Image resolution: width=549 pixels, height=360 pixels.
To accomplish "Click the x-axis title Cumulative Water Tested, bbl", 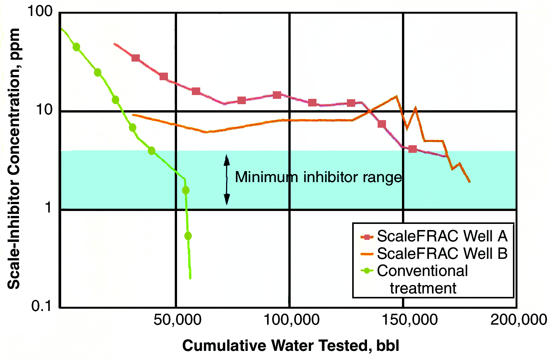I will click(291, 346).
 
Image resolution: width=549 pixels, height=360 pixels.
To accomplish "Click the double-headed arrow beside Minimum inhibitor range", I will click(227, 180).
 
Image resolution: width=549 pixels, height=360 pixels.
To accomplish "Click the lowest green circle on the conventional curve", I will click(188, 236).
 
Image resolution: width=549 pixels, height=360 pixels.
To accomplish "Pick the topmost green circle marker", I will click(76, 47).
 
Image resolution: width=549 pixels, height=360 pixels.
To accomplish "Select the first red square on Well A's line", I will click(135, 58).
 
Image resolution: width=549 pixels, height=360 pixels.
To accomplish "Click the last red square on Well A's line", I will click(413, 149).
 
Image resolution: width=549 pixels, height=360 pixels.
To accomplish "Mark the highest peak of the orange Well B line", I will click(396, 96).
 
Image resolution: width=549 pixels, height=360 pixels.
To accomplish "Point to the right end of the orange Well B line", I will click(470, 182).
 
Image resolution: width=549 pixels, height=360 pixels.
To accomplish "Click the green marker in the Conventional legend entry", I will click(367, 271).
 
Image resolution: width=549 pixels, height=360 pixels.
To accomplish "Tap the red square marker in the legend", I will click(367, 237).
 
